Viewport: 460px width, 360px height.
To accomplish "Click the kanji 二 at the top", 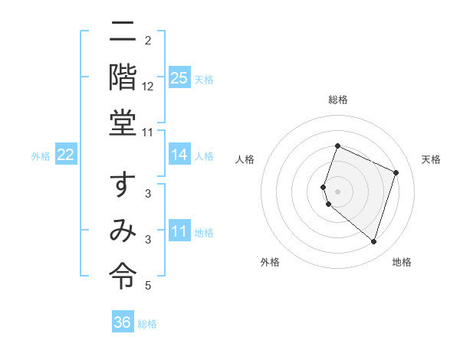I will (123, 33).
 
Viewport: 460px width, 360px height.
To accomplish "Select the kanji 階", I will (123, 78).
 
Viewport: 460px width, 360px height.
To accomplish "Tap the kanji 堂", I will (123, 123).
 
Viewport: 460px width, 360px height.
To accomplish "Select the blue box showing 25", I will (179, 78).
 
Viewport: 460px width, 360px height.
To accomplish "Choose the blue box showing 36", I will (123, 323).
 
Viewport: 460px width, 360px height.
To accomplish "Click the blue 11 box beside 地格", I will (179, 232).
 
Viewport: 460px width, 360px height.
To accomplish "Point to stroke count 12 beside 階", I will (148, 87).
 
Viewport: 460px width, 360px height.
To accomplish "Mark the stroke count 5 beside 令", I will (148, 286).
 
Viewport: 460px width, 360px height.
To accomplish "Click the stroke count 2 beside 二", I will (148, 40).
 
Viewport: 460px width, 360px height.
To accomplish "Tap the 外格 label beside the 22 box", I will (41, 156).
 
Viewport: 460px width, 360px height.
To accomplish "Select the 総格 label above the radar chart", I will (338, 100).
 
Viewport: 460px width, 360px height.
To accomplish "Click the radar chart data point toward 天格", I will (396, 172).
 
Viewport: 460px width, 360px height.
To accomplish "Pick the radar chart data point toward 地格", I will (373, 241).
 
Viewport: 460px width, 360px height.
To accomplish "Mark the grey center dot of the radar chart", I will (338, 191).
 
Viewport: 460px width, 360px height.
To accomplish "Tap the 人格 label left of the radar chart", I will (245, 159).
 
